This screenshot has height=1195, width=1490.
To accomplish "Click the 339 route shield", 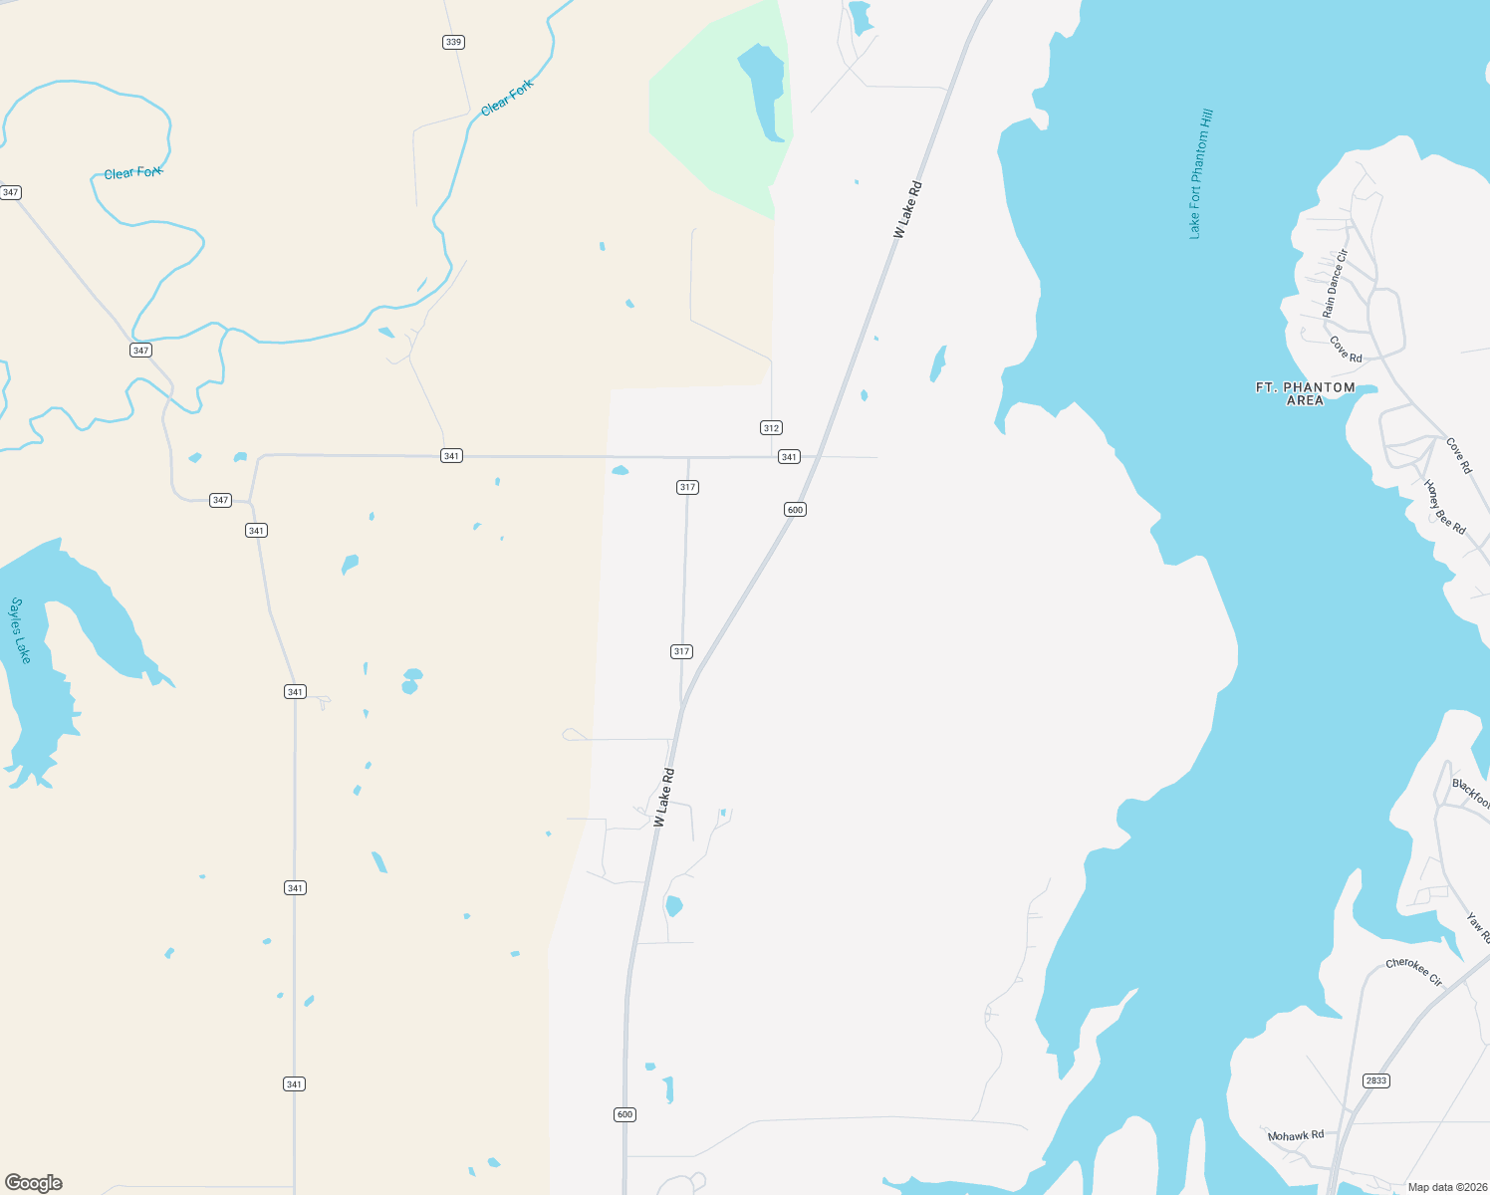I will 454,42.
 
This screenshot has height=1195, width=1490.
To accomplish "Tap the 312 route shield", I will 771,428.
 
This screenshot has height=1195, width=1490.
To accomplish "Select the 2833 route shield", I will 1375,1080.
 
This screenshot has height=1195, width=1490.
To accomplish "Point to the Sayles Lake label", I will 21,630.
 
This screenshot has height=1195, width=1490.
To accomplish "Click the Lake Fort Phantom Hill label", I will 1200,174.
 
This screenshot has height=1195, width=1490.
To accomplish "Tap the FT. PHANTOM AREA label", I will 1305,393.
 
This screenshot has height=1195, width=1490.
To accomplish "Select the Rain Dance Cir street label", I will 1335,284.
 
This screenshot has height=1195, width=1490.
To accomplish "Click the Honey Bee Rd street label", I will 1444,508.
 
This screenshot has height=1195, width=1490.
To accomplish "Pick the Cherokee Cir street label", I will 1414,972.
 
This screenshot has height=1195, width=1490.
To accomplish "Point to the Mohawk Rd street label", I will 1296,1135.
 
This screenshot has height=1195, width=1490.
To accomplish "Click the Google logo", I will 34,1183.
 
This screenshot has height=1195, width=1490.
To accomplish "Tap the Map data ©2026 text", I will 1446,1187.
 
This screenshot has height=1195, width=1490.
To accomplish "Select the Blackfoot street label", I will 1471,793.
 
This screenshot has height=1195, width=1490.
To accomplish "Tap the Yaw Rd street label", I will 1478,928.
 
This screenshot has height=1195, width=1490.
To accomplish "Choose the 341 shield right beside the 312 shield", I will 789,457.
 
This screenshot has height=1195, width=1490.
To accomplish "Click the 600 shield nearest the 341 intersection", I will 795,510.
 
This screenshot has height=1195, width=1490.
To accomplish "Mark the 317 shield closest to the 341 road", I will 687,487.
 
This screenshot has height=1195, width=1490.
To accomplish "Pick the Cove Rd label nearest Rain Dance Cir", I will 1346,350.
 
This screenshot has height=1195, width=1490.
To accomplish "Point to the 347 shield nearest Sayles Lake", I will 220,500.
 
